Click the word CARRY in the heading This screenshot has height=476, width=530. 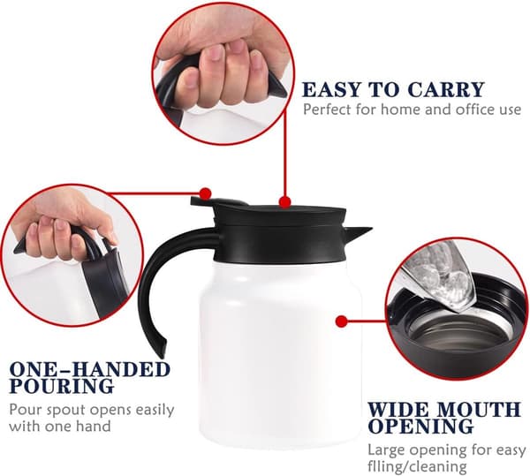click(445, 89)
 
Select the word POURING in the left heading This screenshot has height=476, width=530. click(61, 386)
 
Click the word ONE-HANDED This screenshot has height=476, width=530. click(89, 369)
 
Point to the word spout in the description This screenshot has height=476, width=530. click(64, 411)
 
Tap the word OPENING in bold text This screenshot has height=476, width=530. click(420, 426)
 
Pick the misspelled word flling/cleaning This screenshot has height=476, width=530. click(417, 467)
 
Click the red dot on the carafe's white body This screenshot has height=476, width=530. click(342, 321)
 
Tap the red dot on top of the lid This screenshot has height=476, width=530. click(285, 202)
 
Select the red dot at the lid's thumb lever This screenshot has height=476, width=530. click(206, 194)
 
